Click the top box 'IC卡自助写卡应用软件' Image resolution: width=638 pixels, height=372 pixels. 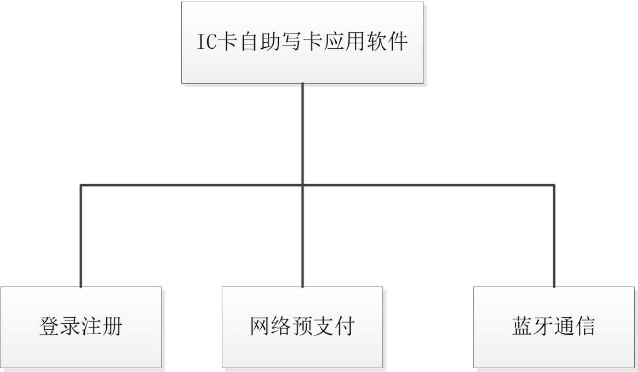(x=302, y=42)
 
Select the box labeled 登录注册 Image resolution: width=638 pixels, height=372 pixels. (x=81, y=327)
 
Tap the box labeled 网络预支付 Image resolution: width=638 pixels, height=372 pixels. (x=302, y=327)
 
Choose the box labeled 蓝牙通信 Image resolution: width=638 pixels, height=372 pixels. (x=554, y=327)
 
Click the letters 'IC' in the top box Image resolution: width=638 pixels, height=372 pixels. (x=207, y=42)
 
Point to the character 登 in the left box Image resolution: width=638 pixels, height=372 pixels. (x=50, y=327)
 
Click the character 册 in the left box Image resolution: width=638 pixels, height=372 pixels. (x=112, y=327)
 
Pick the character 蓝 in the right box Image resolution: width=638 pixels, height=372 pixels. (x=522, y=327)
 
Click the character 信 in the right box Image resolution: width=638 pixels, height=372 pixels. (x=585, y=327)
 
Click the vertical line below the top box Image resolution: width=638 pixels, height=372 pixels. (x=302, y=131)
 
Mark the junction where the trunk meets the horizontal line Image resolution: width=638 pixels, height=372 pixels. (x=302, y=185)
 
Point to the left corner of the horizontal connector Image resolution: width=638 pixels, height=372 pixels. (x=81, y=185)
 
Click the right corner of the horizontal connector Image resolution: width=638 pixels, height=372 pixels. (x=554, y=185)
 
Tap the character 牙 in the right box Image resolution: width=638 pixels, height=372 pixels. (x=543, y=327)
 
